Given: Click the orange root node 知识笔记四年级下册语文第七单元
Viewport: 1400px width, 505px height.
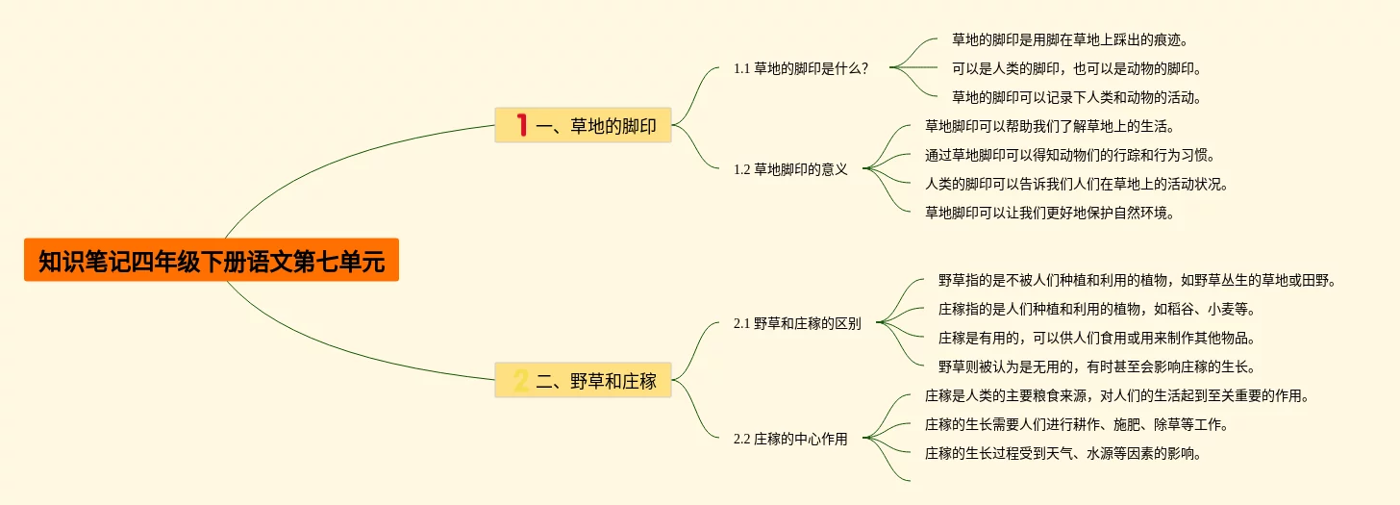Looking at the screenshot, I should [212, 261].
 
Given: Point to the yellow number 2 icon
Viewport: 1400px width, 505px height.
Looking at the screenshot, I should [521, 381].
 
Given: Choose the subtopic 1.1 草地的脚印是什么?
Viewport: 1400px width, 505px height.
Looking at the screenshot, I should [801, 68].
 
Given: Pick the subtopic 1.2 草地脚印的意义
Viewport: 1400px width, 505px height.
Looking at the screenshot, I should [790, 169].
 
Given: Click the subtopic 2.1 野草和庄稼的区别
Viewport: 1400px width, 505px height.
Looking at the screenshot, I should [797, 323].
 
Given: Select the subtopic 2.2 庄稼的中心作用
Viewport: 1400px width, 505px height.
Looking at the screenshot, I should [790, 439].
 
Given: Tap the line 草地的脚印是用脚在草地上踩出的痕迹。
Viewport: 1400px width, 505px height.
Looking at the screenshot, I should [1070, 39].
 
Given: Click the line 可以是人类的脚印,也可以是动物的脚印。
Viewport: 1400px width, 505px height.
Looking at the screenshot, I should [1077, 68].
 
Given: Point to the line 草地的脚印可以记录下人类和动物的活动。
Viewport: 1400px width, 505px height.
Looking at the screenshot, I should [1077, 97].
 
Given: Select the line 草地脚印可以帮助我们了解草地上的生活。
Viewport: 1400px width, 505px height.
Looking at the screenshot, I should [1050, 126].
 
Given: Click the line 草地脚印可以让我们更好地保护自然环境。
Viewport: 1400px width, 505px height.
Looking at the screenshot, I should [1050, 213].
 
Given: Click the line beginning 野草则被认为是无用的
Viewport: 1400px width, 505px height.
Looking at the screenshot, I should [1097, 366].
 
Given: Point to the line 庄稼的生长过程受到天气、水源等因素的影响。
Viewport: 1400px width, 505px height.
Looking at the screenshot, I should [1063, 453].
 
